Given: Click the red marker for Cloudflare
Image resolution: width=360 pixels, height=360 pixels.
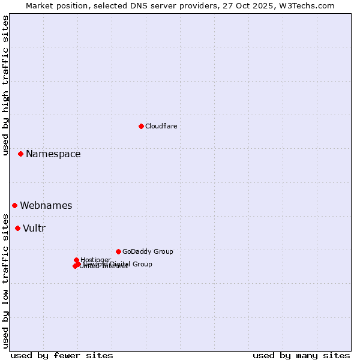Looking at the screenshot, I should pos(141,126).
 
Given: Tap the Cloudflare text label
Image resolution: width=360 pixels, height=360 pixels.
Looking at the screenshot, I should pos(161,126).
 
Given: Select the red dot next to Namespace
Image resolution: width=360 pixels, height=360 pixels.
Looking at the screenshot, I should pos(20,154).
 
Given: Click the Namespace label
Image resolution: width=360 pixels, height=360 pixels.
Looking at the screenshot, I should pos(53,154).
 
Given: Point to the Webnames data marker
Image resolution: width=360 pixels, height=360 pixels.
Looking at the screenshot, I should pos(14,206).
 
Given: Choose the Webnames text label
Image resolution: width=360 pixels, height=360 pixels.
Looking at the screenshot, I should pos(46,206).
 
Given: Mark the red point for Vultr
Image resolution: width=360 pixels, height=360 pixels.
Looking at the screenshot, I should pos(17,228).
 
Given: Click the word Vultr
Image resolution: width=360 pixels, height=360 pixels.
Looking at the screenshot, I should pos(34,228).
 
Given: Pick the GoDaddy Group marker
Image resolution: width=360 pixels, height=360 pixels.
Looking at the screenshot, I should pos(118,251).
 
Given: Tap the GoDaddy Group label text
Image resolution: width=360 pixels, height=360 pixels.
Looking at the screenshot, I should pos(148,251).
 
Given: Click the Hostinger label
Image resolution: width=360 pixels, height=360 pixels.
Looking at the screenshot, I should pos(95,260).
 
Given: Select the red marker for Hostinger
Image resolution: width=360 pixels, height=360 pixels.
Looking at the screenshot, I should pos(76,260).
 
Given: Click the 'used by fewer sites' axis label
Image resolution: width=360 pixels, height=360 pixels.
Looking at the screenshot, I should pos(62,355).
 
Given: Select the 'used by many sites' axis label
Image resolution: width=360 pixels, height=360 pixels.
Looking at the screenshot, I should pos(301,355).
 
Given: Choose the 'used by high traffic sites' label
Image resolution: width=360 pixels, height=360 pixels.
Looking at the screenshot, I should pos(5,85).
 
